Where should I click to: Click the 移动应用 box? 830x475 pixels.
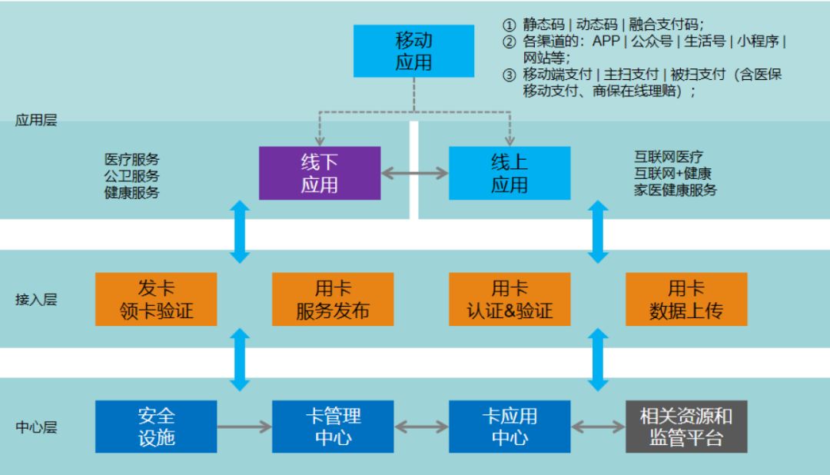coord(415,51)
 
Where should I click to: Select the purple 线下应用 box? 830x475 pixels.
coord(320,173)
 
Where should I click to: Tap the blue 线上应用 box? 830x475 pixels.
coord(509,173)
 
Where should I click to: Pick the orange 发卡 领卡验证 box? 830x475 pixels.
coord(155,300)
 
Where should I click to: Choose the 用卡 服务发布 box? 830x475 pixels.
coord(333,300)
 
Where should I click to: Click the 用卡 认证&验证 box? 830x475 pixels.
coord(510,300)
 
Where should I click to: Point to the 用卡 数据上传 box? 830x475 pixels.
coord(686,300)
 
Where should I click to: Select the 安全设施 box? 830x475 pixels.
coord(155,427)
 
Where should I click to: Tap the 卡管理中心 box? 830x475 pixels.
coord(333,427)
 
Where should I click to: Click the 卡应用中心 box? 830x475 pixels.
coord(510,427)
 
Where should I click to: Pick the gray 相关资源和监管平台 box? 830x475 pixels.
coord(686,427)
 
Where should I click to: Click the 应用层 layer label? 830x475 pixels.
coord(36,121)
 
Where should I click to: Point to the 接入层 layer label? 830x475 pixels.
coord(36,300)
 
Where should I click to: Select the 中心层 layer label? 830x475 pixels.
coord(36,427)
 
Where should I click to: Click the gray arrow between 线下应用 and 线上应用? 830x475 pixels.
coord(414,173)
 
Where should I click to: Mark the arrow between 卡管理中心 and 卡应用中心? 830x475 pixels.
coord(421,427)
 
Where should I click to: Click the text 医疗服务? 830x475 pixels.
coord(131,159)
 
